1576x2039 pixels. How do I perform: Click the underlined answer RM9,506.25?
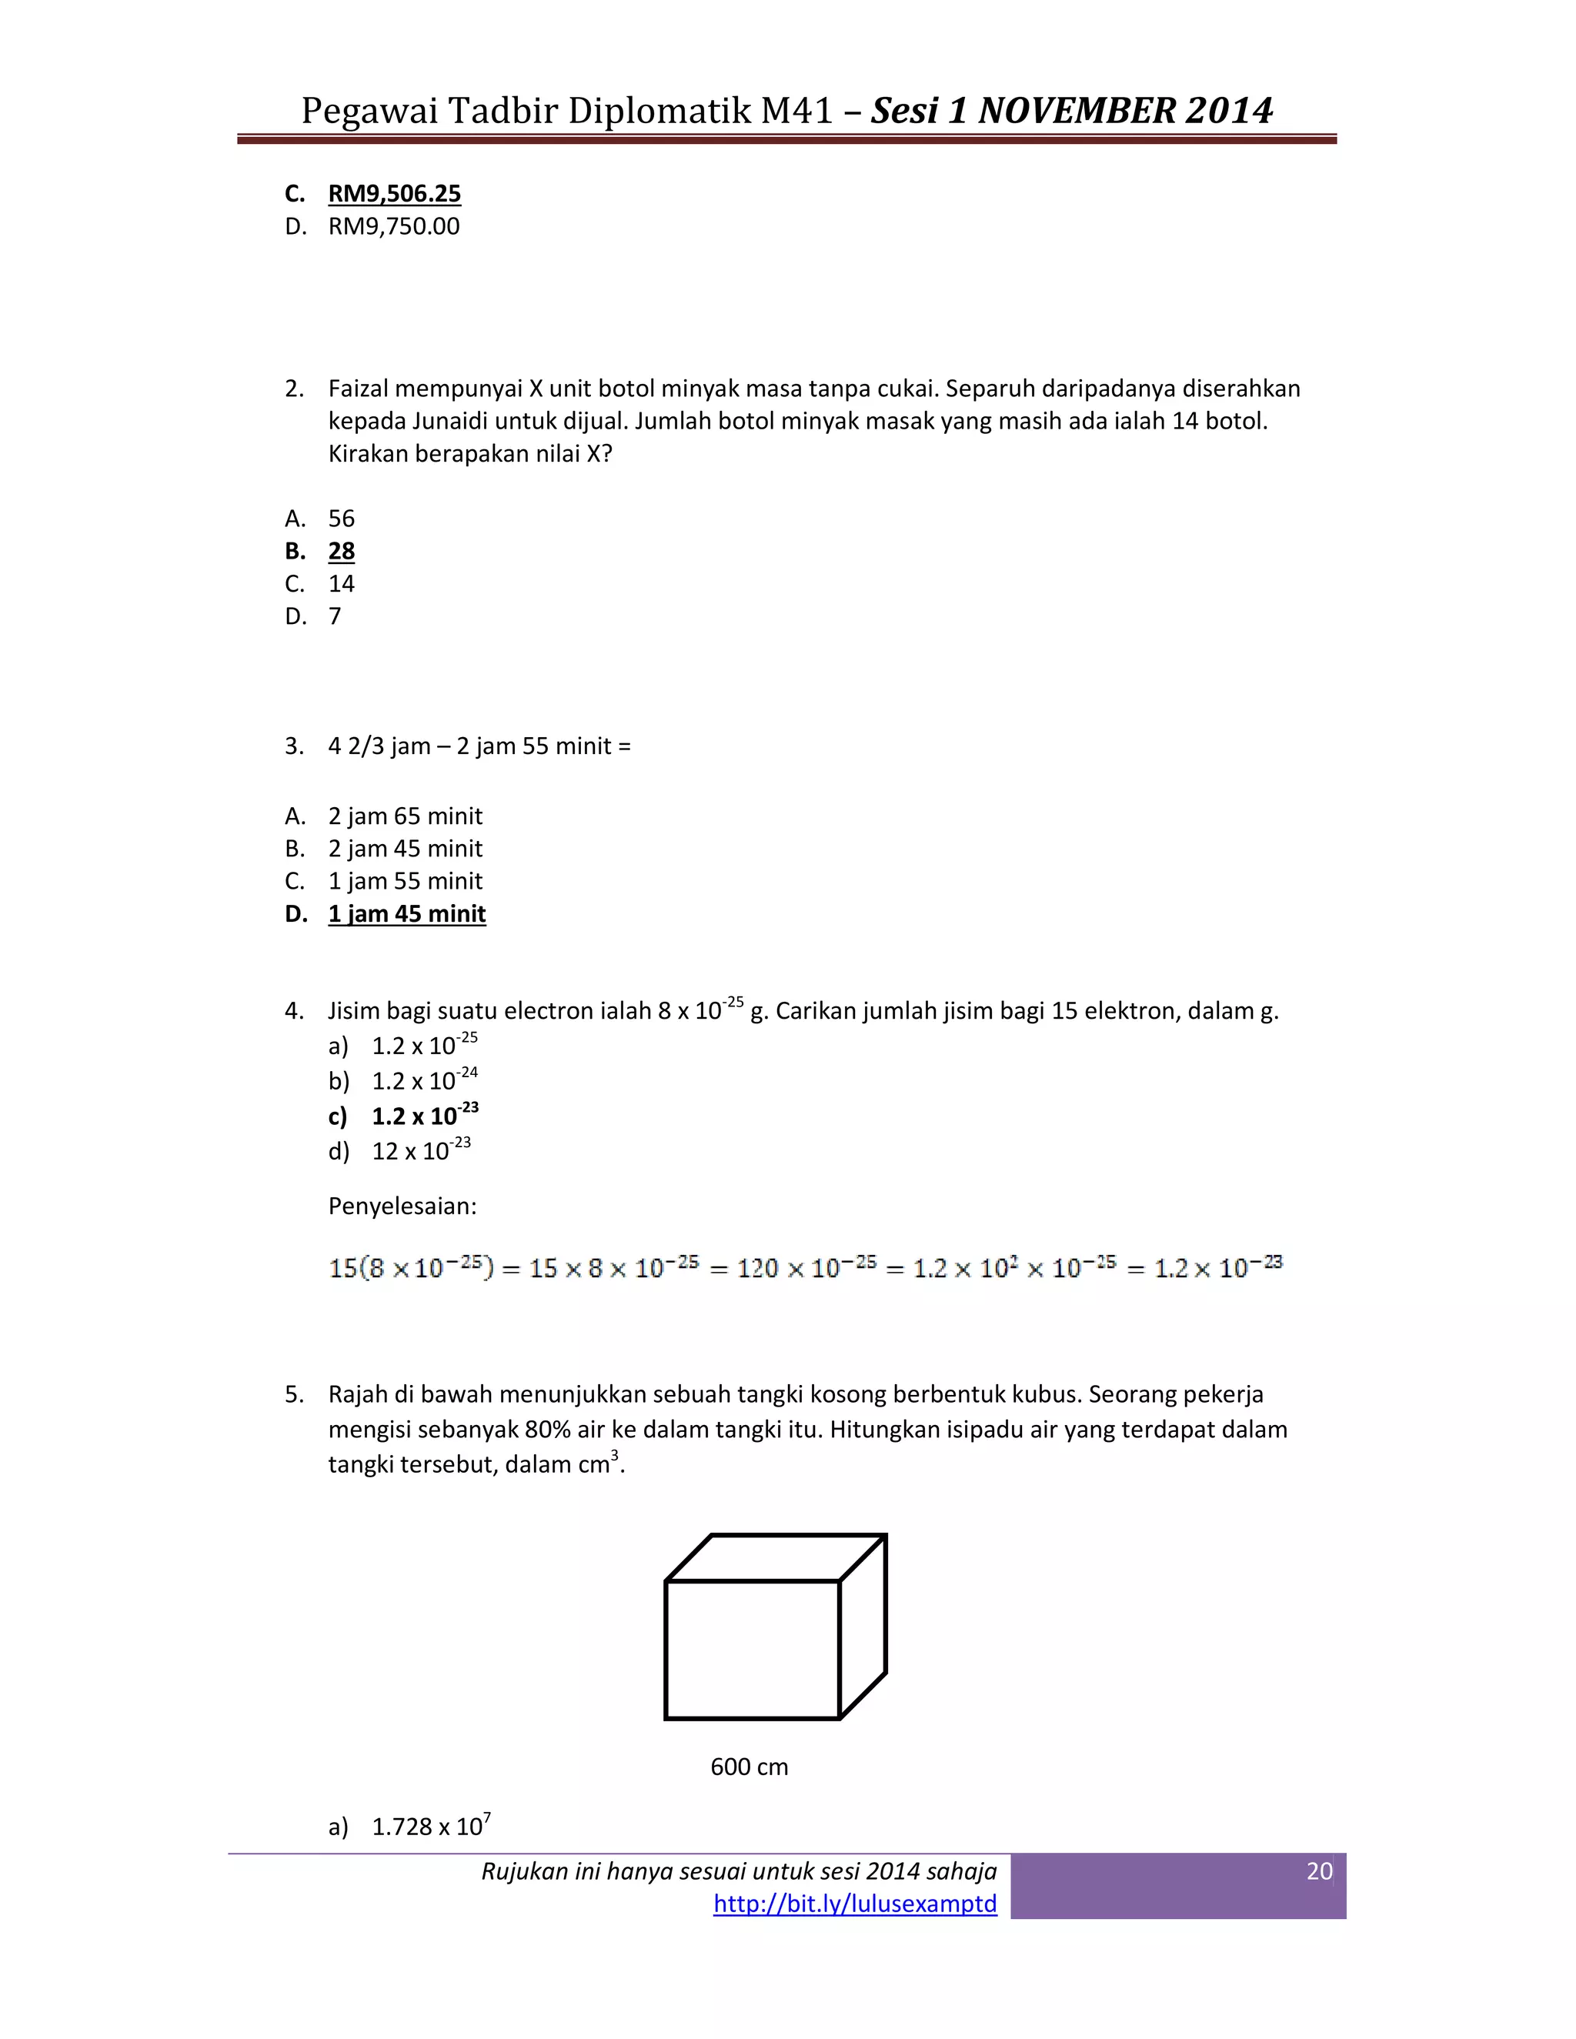(394, 193)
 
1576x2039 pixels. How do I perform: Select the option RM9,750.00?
(393, 226)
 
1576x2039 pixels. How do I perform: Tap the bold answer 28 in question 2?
(341, 551)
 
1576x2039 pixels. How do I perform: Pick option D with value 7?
(334, 616)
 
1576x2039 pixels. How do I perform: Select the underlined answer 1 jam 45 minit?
(406, 913)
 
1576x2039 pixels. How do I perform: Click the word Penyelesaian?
(402, 1206)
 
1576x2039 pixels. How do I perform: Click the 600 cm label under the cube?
(749, 1767)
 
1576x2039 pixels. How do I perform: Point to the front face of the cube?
(752, 1650)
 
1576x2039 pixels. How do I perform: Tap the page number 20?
(1318, 1871)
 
